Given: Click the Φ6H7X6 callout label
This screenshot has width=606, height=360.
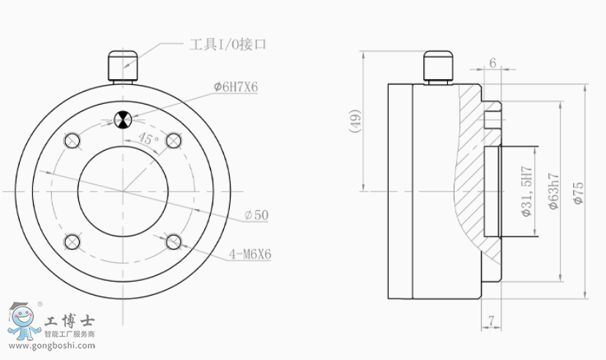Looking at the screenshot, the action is pos(236,87).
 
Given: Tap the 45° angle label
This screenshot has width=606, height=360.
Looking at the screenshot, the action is pos(148,138).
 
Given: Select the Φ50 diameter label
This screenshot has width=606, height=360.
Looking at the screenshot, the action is pos(257,215).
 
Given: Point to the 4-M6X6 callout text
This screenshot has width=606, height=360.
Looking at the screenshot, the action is pos(250,254).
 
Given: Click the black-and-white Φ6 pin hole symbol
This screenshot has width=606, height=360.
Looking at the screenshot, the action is pos(123,119).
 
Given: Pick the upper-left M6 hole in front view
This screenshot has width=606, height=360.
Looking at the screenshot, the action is pos(72,141).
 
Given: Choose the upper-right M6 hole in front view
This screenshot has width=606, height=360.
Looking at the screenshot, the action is pos(173,141).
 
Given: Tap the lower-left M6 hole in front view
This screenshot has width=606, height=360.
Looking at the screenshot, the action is pos(72,242).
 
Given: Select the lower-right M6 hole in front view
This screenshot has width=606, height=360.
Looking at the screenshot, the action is pos(173,242).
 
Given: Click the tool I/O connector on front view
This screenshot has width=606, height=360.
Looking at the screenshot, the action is pos(123,67).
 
